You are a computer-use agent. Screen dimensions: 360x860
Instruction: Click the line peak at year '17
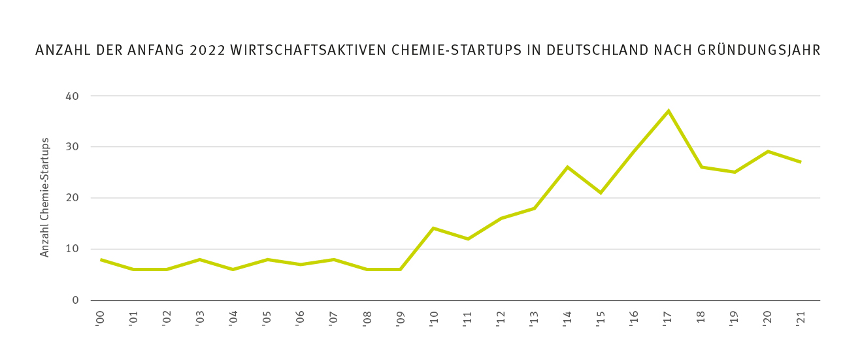tap(668, 111)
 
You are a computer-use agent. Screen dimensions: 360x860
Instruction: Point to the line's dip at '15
tap(601, 193)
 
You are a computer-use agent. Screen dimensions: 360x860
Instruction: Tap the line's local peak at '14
tap(567, 167)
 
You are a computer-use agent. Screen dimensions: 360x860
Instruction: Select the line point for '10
tap(434, 228)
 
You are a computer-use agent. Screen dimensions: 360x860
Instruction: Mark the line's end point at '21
tap(801, 162)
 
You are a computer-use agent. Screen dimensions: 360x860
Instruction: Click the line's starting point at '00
tap(101, 259)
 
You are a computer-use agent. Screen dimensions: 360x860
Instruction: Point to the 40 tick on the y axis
tap(71, 96)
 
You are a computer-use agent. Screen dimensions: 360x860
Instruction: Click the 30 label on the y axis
tap(71, 147)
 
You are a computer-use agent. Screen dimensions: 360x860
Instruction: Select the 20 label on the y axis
tap(71, 198)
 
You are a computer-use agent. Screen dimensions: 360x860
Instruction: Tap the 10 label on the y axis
tap(71, 249)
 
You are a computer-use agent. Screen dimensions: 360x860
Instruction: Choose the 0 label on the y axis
tap(75, 301)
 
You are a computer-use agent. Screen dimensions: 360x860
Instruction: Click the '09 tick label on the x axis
tap(400, 318)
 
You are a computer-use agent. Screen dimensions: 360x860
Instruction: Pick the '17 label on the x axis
tap(667, 318)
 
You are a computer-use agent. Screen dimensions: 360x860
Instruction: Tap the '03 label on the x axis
tap(200, 318)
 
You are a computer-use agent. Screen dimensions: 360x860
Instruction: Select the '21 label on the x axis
tap(800, 318)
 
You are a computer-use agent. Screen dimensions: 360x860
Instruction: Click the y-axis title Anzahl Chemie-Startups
tap(45, 197)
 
